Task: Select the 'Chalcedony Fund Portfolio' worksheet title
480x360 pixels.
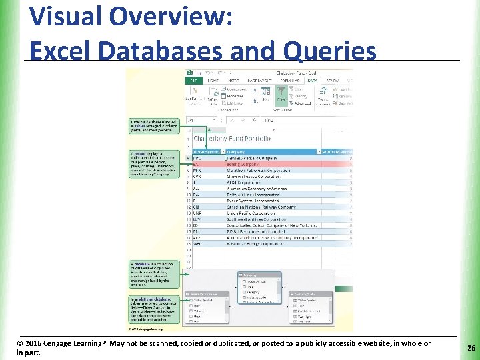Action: point(232,139)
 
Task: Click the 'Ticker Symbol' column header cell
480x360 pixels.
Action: point(205,151)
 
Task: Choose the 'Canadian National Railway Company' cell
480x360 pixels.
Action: point(261,207)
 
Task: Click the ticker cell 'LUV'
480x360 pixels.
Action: point(197,219)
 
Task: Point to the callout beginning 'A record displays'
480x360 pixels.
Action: point(154,163)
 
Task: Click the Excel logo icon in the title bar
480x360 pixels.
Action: point(190,72)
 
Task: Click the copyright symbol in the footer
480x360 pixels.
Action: point(20,344)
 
